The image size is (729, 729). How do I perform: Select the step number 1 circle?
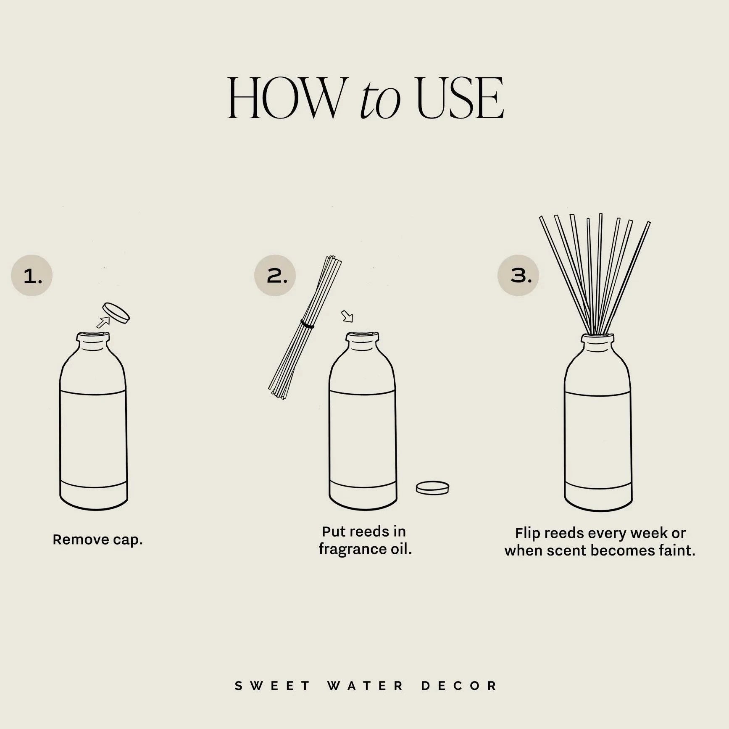pyautogui.click(x=32, y=276)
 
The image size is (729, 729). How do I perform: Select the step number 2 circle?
pyautogui.click(x=275, y=276)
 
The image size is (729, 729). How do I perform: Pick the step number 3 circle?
pyautogui.click(x=518, y=276)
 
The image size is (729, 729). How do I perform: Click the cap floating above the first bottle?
pyautogui.click(x=116, y=313)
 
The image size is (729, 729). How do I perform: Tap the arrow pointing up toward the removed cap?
pyautogui.click(x=103, y=322)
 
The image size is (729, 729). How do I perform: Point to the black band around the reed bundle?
pyautogui.click(x=307, y=324)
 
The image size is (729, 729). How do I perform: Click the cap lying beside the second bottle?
pyautogui.click(x=432, y=488)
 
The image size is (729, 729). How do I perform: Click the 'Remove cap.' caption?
pyautogui.click(x=97, y=540)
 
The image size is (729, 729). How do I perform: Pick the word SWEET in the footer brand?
pyautogui.click(x=272, y=686)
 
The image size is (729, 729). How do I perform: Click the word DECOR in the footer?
pyautogui.click(x=459, y=686)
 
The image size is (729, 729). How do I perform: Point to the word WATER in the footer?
pyautogui.click(x=365, y=686)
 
